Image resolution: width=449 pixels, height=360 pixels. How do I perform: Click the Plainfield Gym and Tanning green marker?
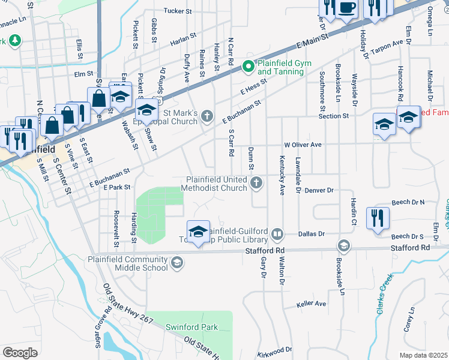click(x=247, y=67)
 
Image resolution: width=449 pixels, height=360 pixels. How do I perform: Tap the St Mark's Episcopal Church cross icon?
click(x=207, y=116)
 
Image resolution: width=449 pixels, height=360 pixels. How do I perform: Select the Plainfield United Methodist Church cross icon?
click(x=256, y=183)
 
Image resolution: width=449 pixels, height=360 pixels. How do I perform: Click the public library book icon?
click(x=277, y=233)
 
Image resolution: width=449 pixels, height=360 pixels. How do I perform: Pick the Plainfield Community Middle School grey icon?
click(x=177, y=262)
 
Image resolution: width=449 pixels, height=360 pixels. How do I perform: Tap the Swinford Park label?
click(x=192, y=327)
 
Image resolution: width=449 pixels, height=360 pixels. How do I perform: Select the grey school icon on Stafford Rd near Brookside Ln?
click(x=343, y=245)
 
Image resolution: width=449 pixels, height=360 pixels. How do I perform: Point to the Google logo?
click(x=20, y=353)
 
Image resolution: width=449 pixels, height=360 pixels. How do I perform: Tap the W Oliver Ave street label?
click(x=303, y=145)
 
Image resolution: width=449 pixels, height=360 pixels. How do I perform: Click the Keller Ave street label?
click(x=312, y=304)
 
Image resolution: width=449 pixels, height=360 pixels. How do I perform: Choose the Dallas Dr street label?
click(x=312, y=234)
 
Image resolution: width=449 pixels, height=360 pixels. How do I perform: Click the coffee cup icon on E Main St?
click(x=347, y=8)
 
